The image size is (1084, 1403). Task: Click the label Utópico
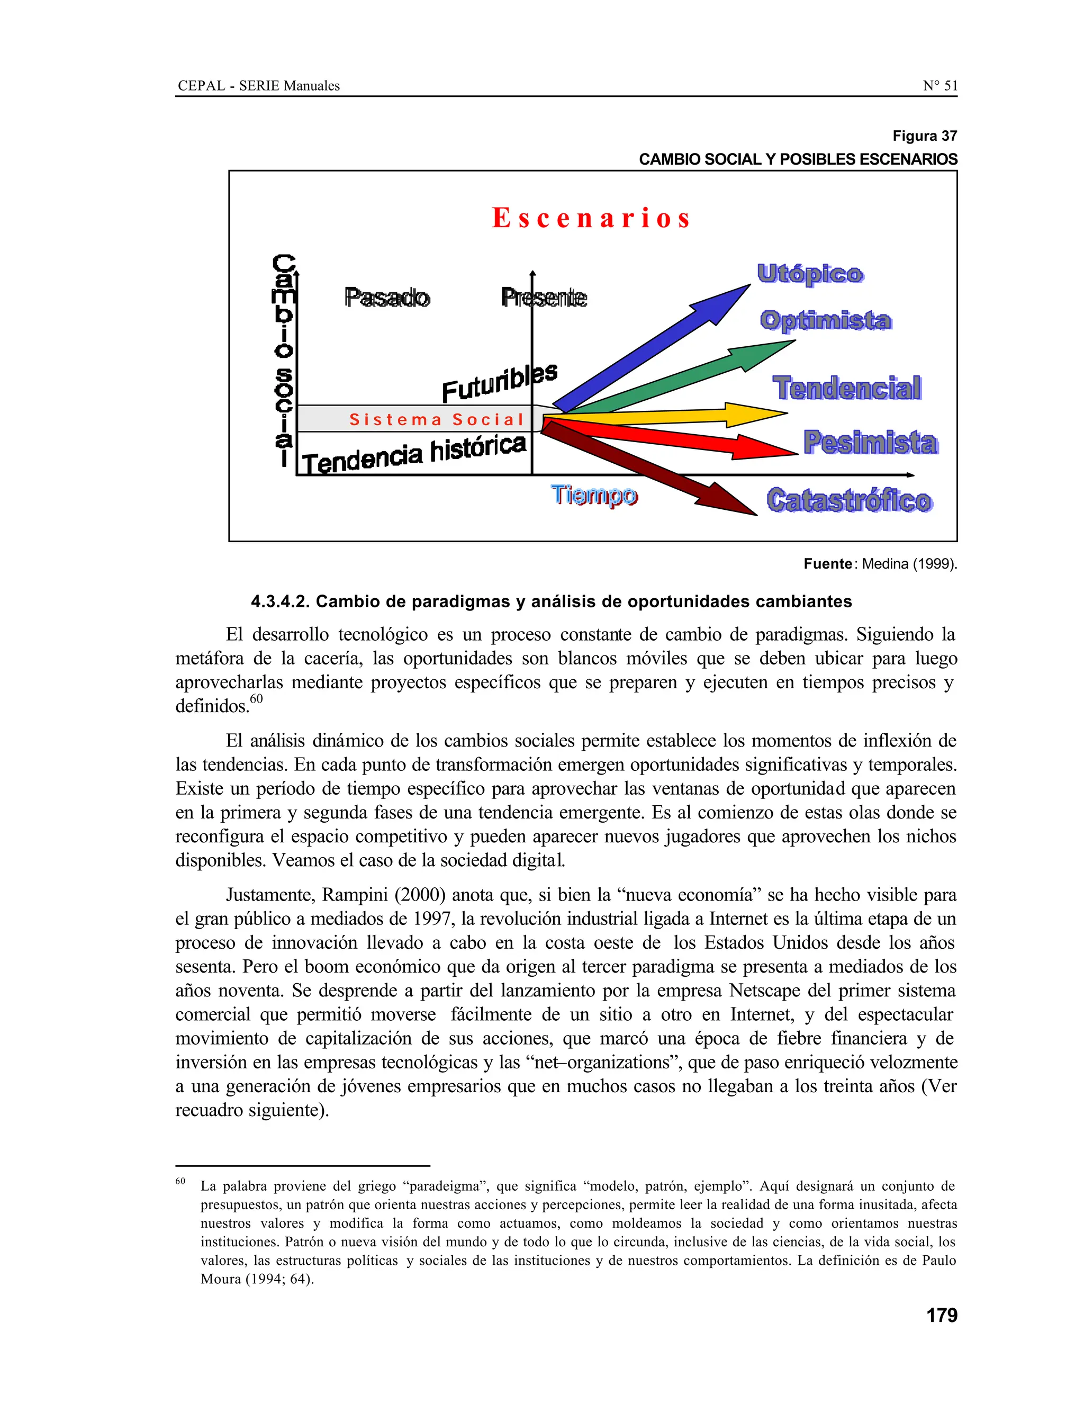pos(810,274)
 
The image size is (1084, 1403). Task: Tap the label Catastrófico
pos(848,500)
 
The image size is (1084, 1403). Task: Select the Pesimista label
pos(870,443)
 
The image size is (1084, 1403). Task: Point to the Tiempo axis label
pos(594,496)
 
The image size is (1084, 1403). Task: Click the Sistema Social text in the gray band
pos(437,419)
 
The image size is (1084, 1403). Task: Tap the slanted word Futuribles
pos(499,382)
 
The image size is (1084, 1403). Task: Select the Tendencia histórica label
pos(414,454)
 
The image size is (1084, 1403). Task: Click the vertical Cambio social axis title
pos(283,359)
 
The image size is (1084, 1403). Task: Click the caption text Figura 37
pos(924,136)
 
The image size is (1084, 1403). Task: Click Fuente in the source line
pos(827,564)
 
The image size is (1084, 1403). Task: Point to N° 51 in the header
pos(940,85)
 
